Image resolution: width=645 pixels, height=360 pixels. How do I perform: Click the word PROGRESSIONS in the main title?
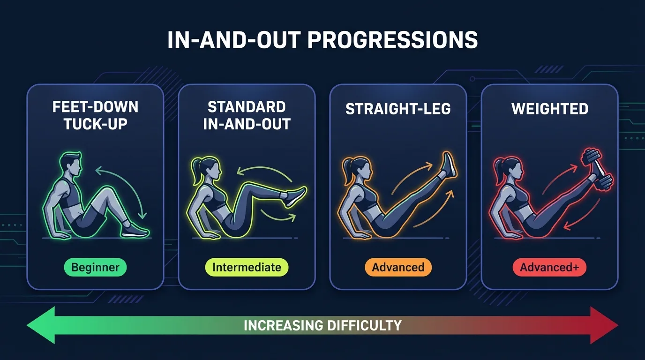pos(393,40)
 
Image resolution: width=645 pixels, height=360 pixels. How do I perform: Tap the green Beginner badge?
pos(95,267)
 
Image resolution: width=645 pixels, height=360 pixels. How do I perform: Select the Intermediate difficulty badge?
pos(247,267)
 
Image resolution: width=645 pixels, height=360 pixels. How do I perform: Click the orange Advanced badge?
pos(398,267)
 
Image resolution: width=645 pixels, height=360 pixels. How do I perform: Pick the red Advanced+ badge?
pos(549,267)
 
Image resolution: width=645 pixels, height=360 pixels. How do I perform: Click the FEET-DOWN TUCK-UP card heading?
pos(95,115)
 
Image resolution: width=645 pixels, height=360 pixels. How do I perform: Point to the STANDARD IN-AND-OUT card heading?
pos(247,115)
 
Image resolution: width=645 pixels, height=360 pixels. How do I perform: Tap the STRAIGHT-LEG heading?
pos(398,109)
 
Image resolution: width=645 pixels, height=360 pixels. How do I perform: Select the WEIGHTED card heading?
pos(550,109)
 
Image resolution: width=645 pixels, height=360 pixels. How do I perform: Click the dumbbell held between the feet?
pos(598,169)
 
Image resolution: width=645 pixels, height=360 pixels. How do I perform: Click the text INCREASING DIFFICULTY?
pos(322,325)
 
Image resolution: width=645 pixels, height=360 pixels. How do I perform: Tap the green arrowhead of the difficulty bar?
pos(41,325)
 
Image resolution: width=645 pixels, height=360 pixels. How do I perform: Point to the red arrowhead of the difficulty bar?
pos(604,325)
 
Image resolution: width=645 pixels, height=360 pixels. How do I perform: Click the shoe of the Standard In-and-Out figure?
pos(295,196)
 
